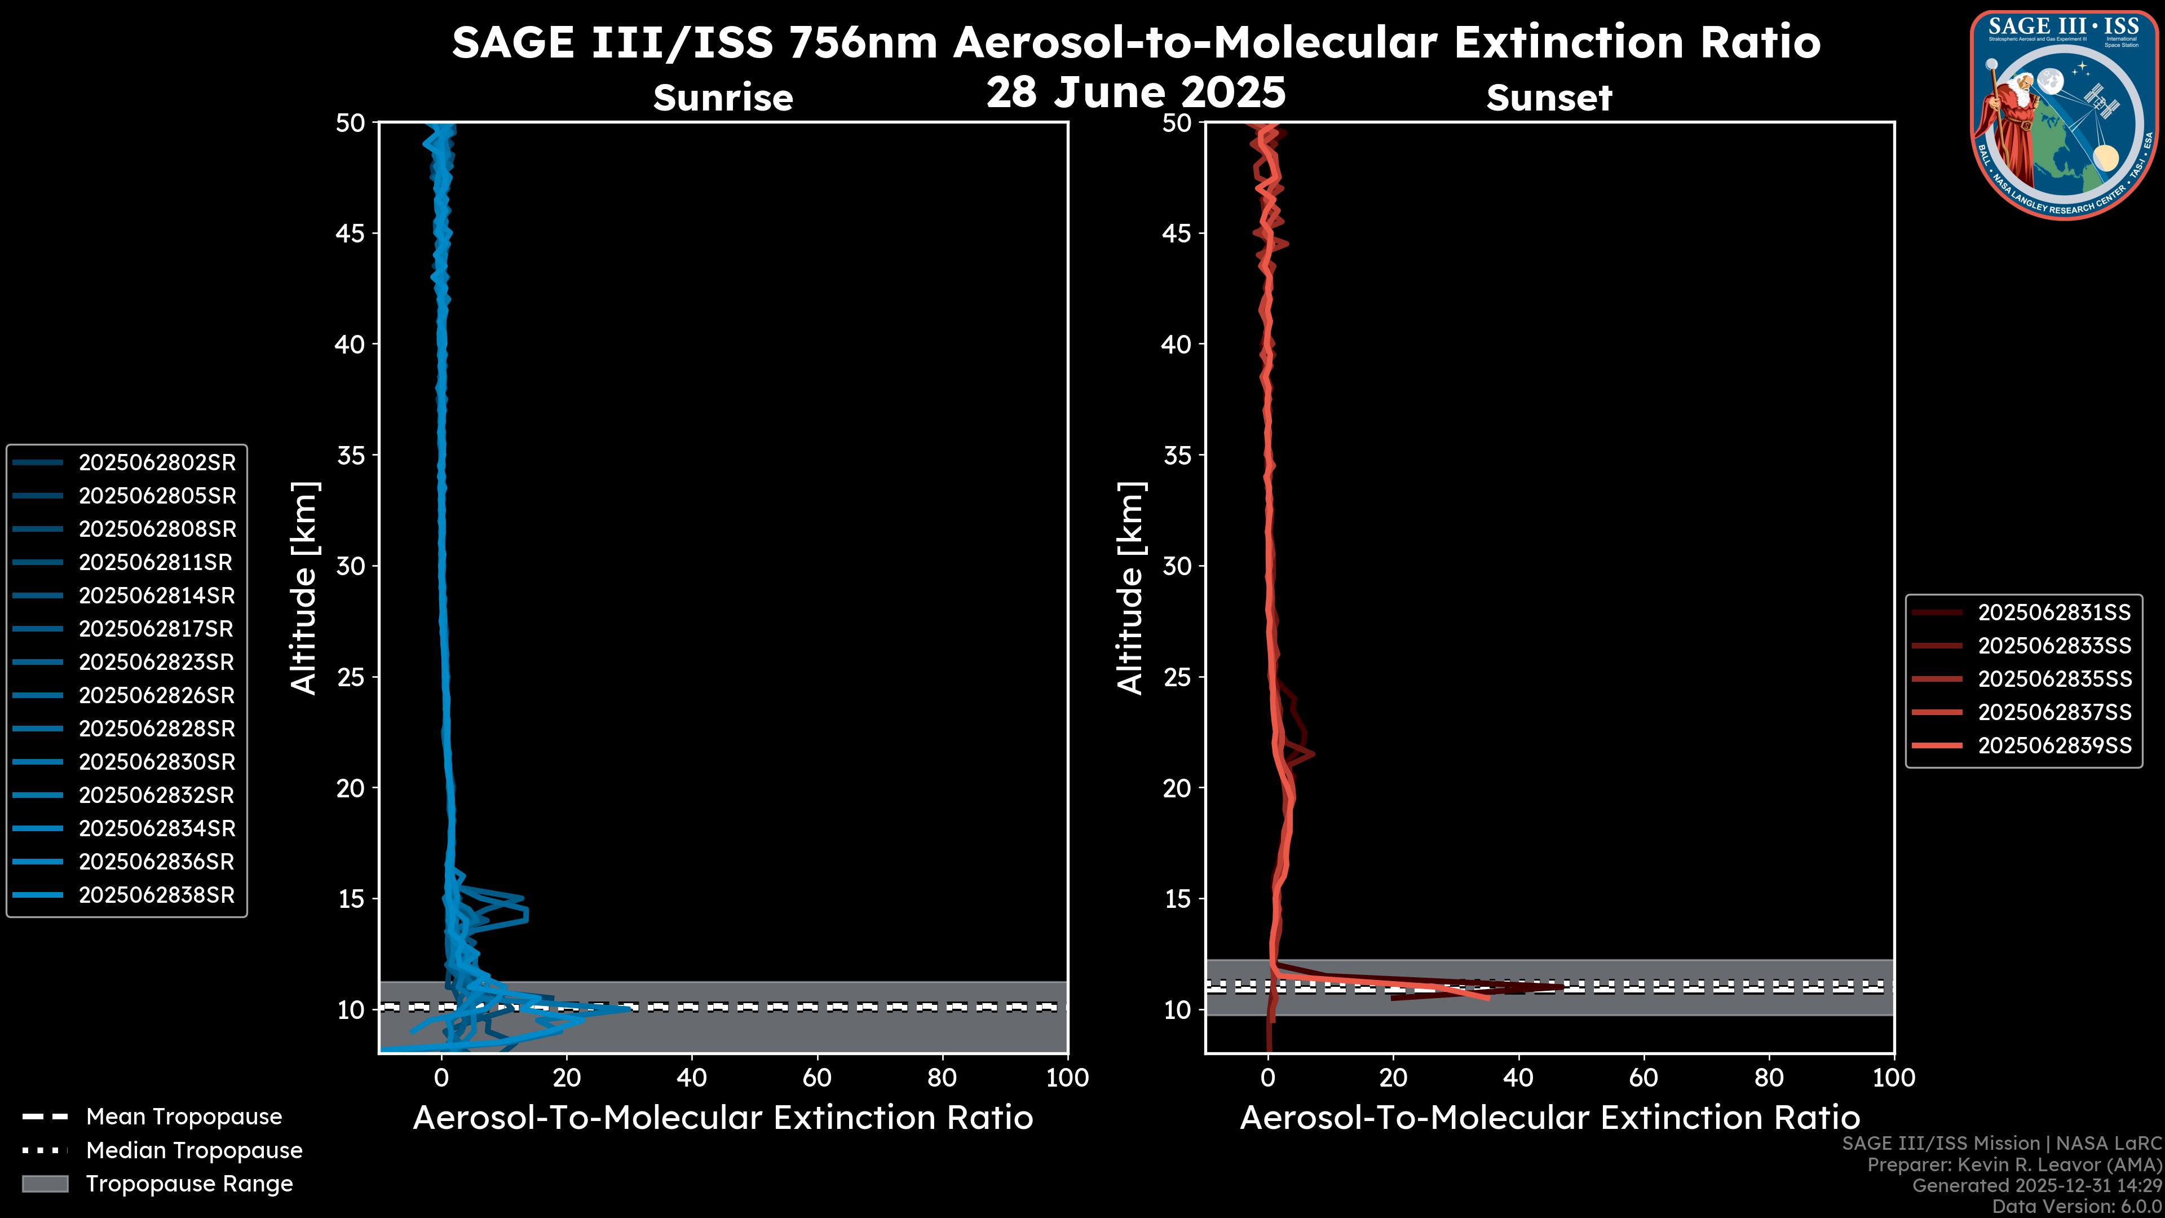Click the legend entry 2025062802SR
click(157, 463)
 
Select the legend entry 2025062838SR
click(157, 895)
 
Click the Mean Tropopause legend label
click(184, 1117)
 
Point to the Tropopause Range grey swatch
click(45, 1184)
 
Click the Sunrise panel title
click(723, 98)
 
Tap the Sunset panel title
click(1549, 98)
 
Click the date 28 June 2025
click(1135, 92)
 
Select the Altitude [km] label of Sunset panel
click(1130, 588)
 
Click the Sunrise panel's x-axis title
click(723, 1118)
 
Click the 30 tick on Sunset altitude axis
click(1177, 567)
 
